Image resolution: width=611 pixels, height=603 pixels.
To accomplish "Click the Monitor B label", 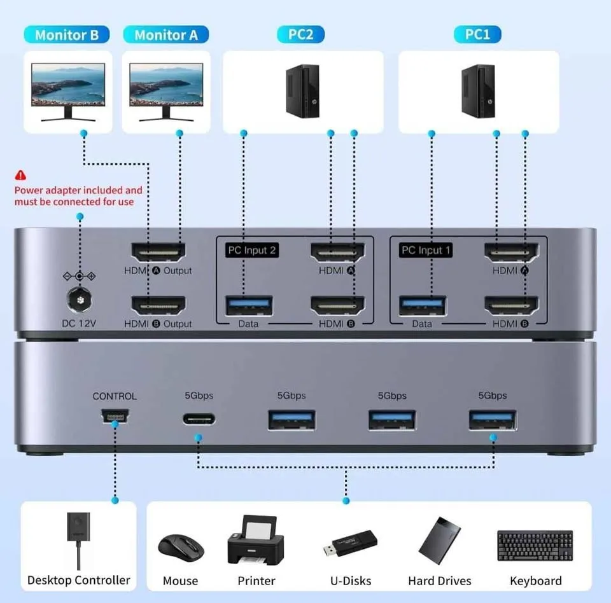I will tap(67, 35).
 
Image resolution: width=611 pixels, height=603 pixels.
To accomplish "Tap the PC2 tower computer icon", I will tap(302, 90).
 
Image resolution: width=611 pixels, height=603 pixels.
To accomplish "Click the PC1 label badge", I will tap(477, 34).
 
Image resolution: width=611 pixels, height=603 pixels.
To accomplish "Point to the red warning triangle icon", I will tap(21, 174).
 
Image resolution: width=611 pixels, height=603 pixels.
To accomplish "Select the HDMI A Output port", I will tap(158, 253).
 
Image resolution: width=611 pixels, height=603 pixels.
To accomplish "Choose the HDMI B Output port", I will tap(158, 305).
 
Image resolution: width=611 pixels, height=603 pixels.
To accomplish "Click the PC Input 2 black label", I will tap(252, 250).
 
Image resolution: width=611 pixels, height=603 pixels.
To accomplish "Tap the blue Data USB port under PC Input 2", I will tap(249, 305).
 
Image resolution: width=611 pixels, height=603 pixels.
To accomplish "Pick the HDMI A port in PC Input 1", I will tap(510, 253).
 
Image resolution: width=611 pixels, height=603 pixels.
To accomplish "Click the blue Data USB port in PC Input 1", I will tap(422, 305).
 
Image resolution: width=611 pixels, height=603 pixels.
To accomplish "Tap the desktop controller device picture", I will tap(78, 537).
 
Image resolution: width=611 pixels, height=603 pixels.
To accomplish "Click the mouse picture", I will tap(181, 546).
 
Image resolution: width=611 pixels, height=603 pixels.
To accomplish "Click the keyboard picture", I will tap(535, 545).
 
